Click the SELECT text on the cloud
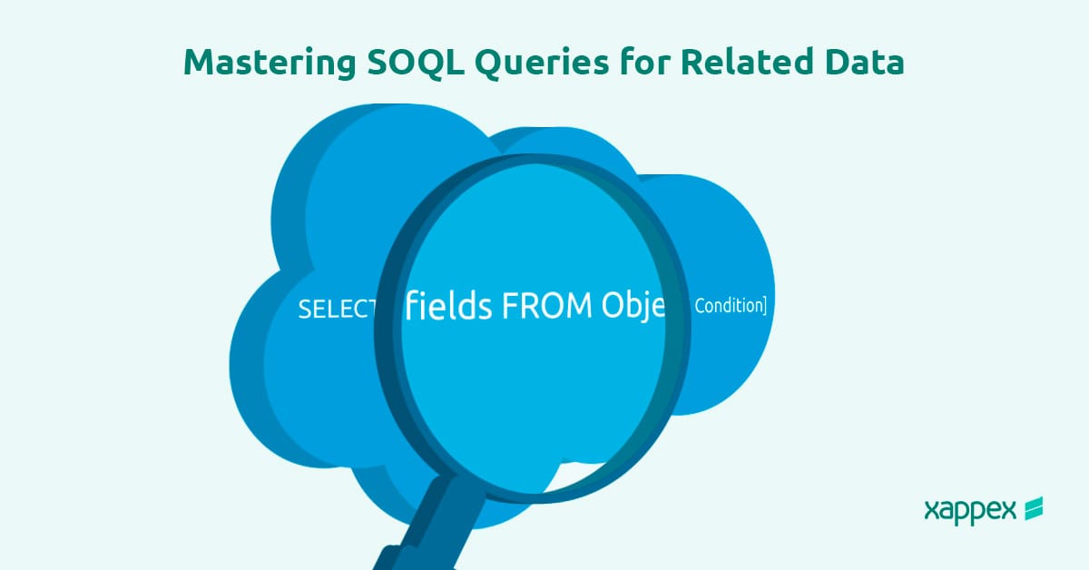point(337,310)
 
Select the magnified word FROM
point(547,307)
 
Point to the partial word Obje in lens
point(633,307)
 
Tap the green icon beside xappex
point(1033,509)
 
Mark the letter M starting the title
point(200,62)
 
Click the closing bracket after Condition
point(763,306)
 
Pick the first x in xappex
point(931,510)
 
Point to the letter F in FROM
point(510,307)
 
